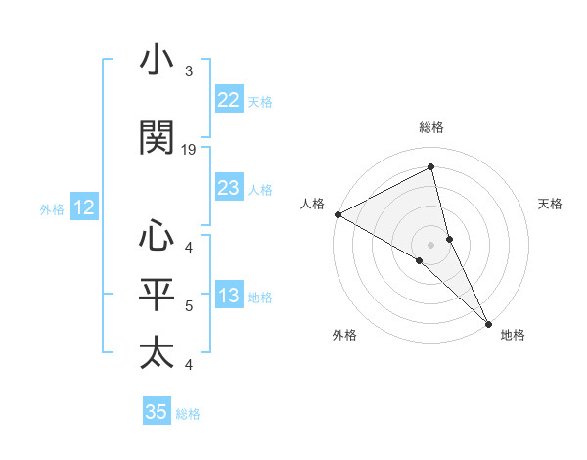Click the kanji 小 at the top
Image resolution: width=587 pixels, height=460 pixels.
pyautogui.click(x=158, y=62)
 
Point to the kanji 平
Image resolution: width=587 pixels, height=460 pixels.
pyautogui.click(x=158, y=294)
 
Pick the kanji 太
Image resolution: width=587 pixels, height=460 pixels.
pyautogui.click(x=158, y=353)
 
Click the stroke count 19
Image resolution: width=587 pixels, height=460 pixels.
pyautogui.click(x=189, y=150)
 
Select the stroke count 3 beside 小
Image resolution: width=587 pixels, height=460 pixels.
pyautogui.click(x=189, y=71)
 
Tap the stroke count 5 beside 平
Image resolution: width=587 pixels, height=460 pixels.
pyautogui.click(x=189, y=306)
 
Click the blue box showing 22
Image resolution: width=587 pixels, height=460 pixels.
pyautogui.click(x=228, y=99)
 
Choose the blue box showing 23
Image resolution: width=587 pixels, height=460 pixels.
pyautogui.click(x=228, y=188)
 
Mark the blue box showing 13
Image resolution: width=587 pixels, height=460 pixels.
pyautogui.click(x=228, y=297)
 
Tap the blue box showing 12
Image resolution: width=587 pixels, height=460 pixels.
pyautogui.click(x=84, y=207)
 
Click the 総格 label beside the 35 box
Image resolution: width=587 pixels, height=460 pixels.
pyautogui.click(x=189, y=414)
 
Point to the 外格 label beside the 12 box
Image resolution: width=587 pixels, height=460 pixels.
pyautogui.click(x=52, y=208)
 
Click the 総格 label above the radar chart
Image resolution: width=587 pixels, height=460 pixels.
pyautogui.click(x=431, y=127)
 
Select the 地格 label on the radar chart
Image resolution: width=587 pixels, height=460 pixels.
pyautogui.click(x=513, y=335)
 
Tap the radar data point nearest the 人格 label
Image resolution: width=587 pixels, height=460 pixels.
pyautogui.click(x=338, y=214)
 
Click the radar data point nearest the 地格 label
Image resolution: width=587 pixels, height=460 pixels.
pyautogui.click(x=488, y=321)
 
